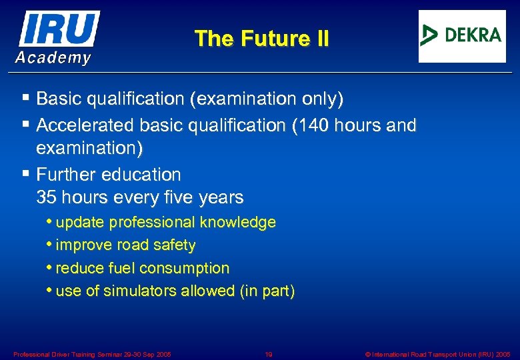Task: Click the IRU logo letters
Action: (60, 28)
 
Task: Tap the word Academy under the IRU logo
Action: (53, 58)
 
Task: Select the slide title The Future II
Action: (261, 39)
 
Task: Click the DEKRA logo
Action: (462, 36)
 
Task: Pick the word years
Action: (222, 198)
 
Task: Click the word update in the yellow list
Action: (81, 222)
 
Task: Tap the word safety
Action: (175, 245)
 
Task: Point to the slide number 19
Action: (269, 353)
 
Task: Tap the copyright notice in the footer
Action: (438, 353)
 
